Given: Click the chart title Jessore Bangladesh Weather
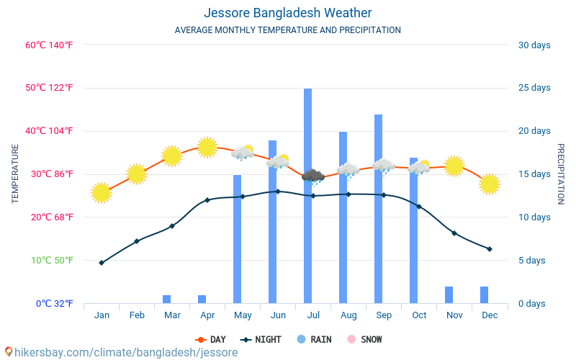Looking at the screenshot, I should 287,13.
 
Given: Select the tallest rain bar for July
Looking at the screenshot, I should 307,194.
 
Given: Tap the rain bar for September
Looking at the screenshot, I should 378,209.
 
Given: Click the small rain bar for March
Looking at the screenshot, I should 166,299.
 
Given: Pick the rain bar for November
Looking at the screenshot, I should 449,294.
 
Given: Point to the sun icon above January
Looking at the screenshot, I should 102,192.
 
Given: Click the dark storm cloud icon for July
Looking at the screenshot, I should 312,176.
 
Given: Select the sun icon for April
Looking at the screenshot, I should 207,147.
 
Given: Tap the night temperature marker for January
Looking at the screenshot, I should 102,263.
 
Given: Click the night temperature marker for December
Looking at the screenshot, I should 490,249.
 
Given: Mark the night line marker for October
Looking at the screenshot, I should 419,207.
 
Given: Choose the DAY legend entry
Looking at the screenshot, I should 211,339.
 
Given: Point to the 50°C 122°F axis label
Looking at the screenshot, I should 49,88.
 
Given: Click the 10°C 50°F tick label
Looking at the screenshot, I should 49,260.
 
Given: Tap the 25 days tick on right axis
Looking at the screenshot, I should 534,88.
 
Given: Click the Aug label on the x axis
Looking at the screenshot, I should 348,315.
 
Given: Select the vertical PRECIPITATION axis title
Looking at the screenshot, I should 561,174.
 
